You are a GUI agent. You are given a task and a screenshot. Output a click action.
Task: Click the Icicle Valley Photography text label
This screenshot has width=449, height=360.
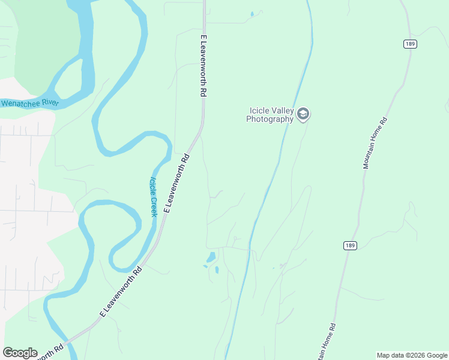coord(270,114)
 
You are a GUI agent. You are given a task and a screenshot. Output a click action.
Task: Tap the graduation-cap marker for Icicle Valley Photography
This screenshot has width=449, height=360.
coord(304,114)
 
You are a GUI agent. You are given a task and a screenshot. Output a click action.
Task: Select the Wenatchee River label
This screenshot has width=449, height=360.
coord(29,103)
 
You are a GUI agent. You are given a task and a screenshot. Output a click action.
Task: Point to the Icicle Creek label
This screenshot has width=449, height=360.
coord(153,197)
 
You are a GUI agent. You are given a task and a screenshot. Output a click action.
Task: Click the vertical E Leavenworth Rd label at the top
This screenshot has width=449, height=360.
coord(203,66)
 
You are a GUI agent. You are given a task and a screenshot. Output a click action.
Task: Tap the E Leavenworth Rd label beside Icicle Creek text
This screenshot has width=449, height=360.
coord(177,184)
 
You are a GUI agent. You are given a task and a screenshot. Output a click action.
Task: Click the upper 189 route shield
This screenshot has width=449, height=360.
coord(410,44)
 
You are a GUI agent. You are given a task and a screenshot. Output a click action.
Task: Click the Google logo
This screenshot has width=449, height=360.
coord(20,353)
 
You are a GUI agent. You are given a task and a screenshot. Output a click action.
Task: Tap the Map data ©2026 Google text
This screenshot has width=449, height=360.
coord(412,355)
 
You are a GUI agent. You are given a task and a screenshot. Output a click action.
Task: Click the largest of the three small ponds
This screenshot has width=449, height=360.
coord(211,258)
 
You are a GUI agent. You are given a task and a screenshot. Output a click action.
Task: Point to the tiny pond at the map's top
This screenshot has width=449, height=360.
coord(252,13)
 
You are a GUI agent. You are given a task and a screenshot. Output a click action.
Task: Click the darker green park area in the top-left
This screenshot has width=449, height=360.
coord(45,42)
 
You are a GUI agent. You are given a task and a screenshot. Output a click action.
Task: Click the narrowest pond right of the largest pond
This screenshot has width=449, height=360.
coord(217,270)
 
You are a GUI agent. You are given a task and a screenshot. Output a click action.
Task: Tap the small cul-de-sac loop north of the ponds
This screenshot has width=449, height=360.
coord(235,238)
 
